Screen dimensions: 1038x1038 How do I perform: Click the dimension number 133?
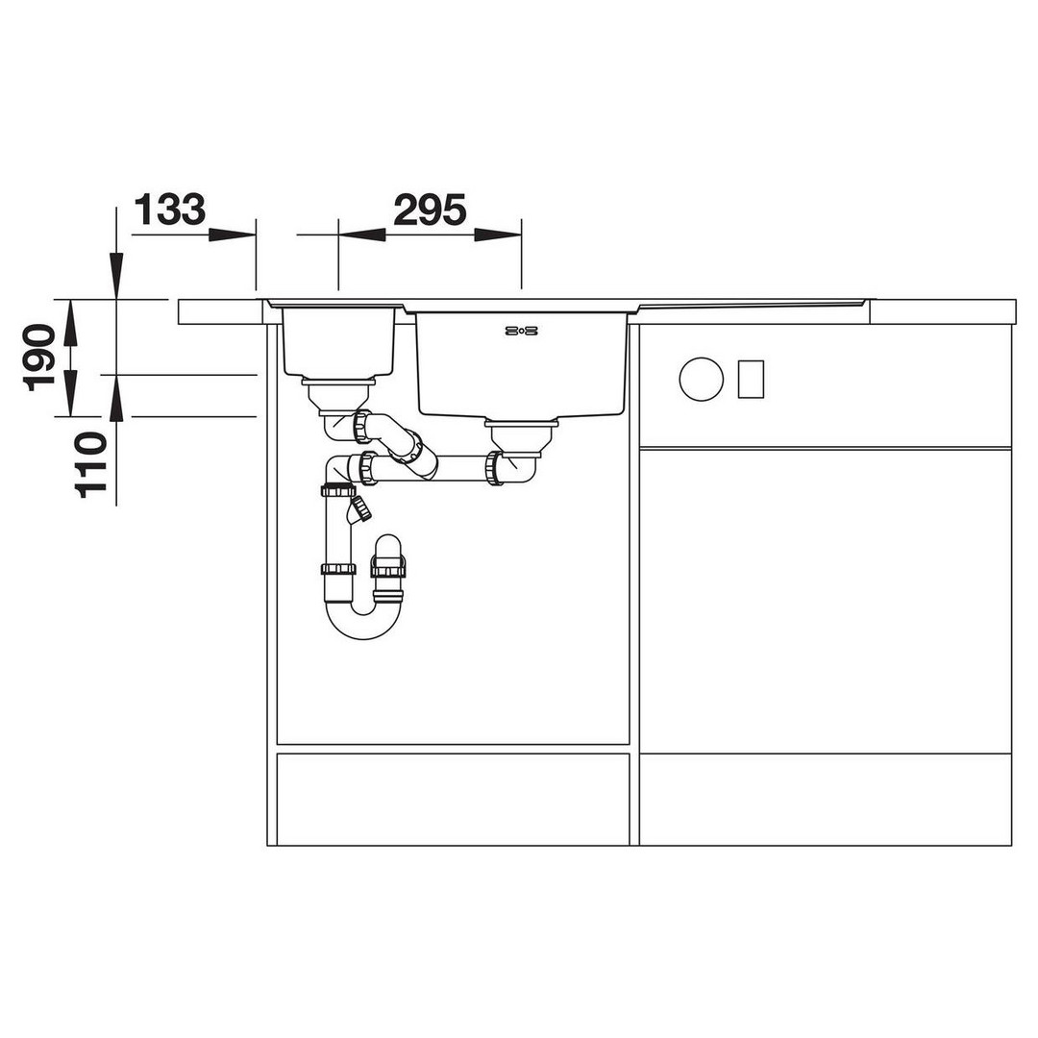pos(170,210)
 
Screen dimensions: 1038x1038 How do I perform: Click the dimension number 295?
pos(431,210)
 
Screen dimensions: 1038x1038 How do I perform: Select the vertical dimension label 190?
pos(39,358)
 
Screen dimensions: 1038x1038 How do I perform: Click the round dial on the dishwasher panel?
pos(701,380)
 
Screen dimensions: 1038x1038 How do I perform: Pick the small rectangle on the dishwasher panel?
pos(751,380)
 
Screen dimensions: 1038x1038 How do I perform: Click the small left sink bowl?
pos(338,341)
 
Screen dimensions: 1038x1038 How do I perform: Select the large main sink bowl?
pos(521,364)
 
